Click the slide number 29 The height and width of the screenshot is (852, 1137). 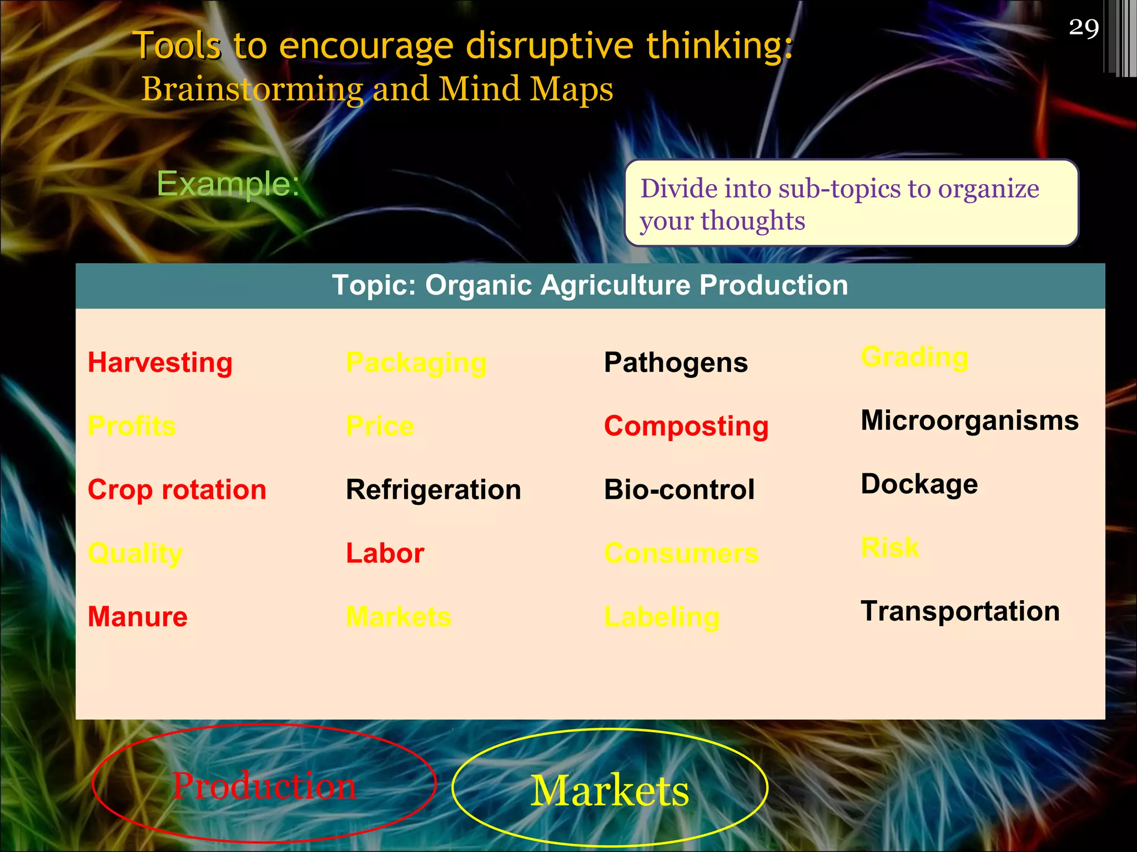[1083, 28]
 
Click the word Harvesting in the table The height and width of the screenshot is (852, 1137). [160, 363]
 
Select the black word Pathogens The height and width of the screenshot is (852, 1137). [676, 363]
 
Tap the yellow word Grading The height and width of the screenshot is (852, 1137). [914, 358]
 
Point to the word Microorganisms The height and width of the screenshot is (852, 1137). [969, 420]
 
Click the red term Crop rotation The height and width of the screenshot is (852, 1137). [177, 490]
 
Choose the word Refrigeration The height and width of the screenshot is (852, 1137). [433, 490]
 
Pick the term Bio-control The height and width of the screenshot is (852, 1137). [679, 490]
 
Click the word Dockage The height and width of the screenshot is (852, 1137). [919, 485]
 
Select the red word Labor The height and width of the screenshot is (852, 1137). [385, 554]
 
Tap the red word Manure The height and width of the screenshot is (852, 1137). [138, 617]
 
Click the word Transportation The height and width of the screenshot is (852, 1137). [960, 612]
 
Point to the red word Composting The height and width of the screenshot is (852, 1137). [686, 427]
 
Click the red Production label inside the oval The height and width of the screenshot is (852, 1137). [264, 787]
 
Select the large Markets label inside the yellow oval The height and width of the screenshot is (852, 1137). [610, 791]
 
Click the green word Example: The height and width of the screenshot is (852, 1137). [228, 184]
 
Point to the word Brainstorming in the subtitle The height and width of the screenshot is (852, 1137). [252, 90]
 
